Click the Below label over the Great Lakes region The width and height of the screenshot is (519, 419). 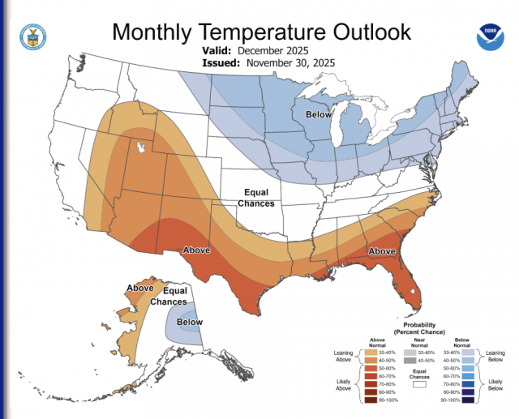318,115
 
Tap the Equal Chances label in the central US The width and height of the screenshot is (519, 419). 255,198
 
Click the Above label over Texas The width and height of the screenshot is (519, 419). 197,250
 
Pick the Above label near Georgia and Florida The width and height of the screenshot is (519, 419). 381,251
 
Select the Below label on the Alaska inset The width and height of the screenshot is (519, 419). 190,322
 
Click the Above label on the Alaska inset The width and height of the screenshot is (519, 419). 139,288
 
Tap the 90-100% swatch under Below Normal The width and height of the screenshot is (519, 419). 470,400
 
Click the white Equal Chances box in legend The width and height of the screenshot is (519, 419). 419,386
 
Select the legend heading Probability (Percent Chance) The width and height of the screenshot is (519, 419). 420,328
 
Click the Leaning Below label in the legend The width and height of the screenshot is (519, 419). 496,357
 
